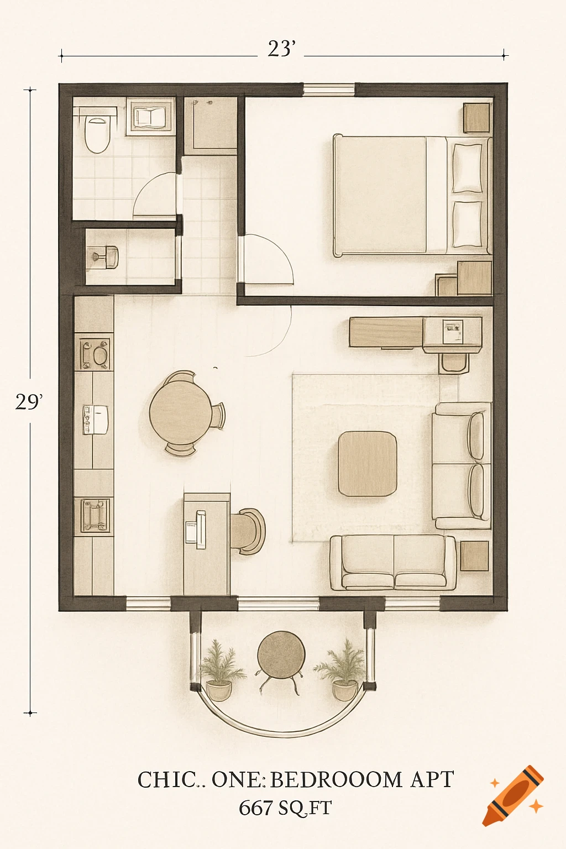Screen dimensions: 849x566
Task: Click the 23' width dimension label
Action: pos(281,49)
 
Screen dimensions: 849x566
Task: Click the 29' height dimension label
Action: pos(28,402)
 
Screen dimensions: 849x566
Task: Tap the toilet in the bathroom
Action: pos(97,134)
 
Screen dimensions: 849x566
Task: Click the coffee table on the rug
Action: pos(368,464)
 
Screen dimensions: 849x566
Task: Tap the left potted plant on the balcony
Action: pos(220,670)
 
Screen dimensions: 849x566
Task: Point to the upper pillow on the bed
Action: pos(467,168)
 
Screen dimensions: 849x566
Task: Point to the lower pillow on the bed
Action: pos(467,224)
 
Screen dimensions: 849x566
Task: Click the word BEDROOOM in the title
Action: pos(336,780)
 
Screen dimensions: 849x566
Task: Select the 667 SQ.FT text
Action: pos(285,808)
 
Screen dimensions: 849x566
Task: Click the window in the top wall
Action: pos(329,90)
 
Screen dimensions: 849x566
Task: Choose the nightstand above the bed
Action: pos(476,118)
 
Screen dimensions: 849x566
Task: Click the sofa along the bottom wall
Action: pos(393,563)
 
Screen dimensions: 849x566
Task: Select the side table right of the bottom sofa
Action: pos(474,555)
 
